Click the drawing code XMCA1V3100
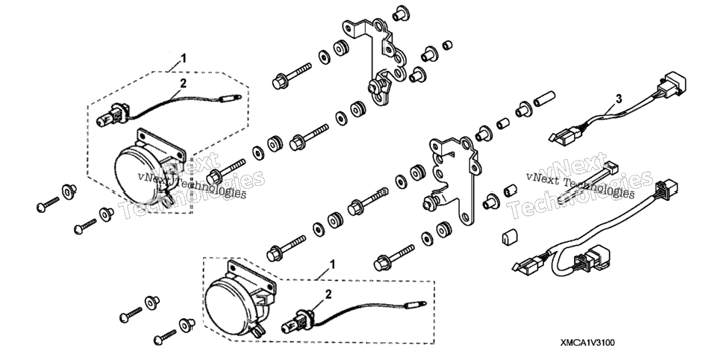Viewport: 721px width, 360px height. (x=587, y=343)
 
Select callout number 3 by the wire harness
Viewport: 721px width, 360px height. (x=619, y=99)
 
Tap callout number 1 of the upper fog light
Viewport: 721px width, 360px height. (x=184, y=58)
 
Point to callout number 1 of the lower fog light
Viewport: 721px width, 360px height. (x=332, y=264)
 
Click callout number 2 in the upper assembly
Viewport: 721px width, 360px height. (x=184, y=84)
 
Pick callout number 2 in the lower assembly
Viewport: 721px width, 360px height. (x=328, y=294)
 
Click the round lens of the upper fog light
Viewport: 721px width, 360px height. (x=137, y=176)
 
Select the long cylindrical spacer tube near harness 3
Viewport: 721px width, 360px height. (x=544, y=99)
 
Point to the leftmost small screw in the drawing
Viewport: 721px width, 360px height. (x=49, y=205)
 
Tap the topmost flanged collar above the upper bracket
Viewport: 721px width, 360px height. (x=401, y=13)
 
